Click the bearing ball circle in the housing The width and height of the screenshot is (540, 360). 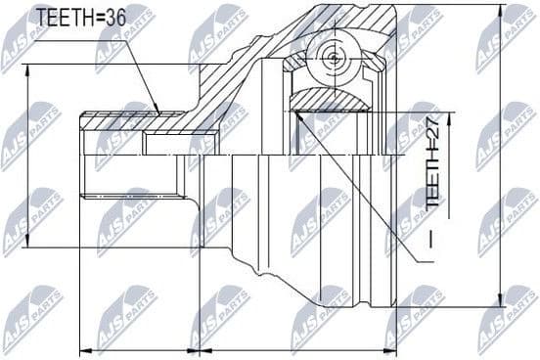click(333, 58)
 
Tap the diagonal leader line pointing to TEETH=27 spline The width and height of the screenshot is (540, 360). click(362, 191)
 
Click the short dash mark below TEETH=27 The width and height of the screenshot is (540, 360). click(431, 237)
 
